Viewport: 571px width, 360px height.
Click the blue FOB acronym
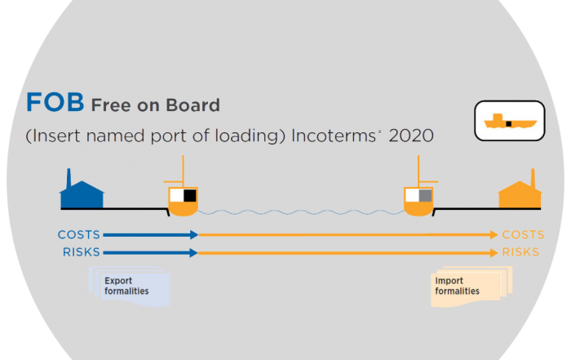[x=55, y=102]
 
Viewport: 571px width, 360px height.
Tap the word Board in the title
[x=193, y=105]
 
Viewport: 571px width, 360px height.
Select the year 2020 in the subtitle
[x=411, y=136]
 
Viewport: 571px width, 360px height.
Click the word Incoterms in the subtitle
[x=334, y=136]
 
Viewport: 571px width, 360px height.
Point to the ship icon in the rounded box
[x=510, y=122]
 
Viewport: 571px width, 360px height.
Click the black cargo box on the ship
[x=190, y=196]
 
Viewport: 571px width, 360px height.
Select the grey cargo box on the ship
[x=425, y=196]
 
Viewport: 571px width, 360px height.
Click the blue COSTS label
[x=79, y=234]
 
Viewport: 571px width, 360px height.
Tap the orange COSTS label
[x=523, y=234]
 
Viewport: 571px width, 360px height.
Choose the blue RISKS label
[x=82, y=252]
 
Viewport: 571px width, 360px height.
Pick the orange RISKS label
[x=520, y=252]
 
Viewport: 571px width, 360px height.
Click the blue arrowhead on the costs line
[x=194, y=235]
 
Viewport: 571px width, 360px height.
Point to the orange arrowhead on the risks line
[x=494, y=253]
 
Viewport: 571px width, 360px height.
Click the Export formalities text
[x=126, y=286]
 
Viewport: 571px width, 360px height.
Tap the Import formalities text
[x=457, y=286]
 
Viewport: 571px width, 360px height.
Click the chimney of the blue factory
[x=69, y=178]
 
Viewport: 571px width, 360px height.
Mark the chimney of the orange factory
[x=533, y=178]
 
